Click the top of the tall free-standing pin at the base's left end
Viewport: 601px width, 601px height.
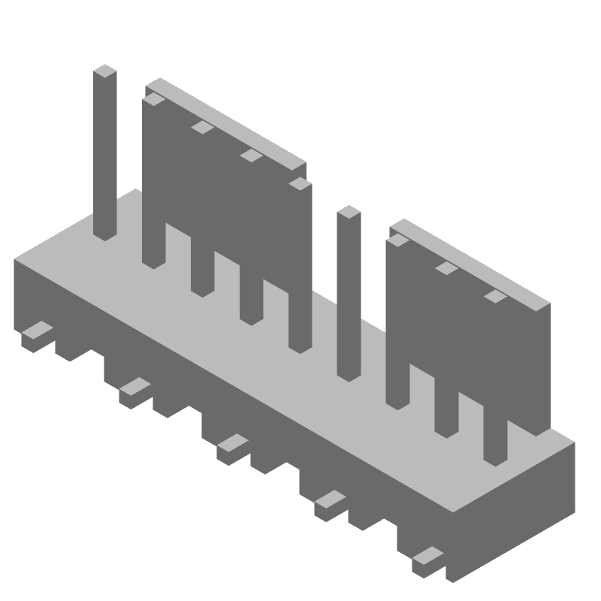pos(105,71)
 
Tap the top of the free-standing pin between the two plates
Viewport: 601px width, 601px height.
pos(349,212)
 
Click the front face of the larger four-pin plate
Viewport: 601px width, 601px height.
pos(225,195)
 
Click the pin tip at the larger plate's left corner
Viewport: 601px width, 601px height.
pos(153,98)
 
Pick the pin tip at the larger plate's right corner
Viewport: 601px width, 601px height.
pos(300,183)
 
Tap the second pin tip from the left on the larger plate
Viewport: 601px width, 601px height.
pos(202,127)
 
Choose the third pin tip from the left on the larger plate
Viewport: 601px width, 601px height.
pos(251,156)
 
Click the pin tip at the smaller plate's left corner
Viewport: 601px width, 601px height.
pos(397,240)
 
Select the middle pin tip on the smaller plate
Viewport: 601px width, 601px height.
pos(446,267)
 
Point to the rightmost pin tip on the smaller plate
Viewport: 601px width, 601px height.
pos(495,296)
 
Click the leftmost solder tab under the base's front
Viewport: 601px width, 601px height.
pos(36,331)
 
